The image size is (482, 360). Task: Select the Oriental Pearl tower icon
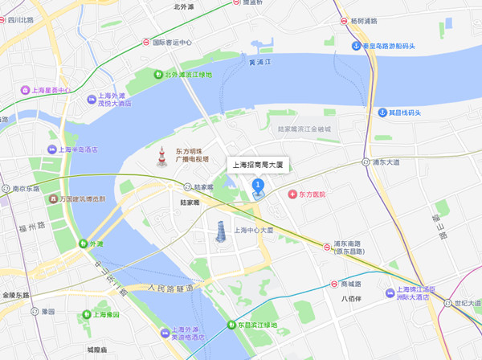pyautogui.click(x=161, y=157)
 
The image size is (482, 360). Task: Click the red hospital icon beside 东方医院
pyautogui.click(x=292, y=194)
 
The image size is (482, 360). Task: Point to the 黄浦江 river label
pyautogui.click(x=261, y=62)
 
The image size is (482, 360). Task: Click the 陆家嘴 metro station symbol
pyautogui.click(x=187, y=186)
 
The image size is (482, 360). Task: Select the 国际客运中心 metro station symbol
pyautogui.click(x=145, y=43)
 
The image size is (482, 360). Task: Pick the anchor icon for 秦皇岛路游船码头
pyautogui.click(x=356, y=45)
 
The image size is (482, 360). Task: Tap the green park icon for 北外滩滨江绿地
pyautogui.click(x=157, y=75)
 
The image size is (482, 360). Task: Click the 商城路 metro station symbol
pyautogui.click(x=334, y=284)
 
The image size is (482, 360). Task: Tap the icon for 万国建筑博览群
pyautogui.click(x=52, y=198)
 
